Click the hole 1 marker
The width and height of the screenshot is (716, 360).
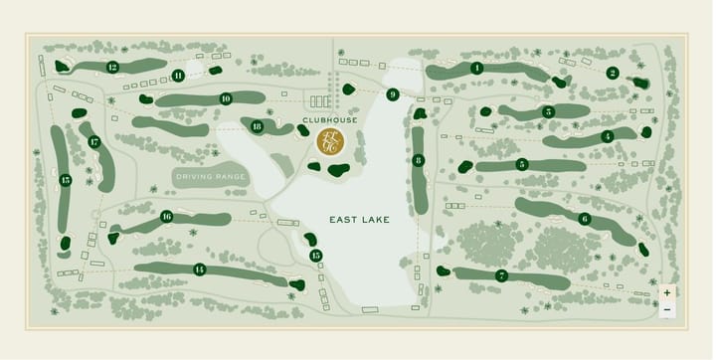pos(477,68)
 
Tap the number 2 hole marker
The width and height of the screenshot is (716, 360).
pos(613,73)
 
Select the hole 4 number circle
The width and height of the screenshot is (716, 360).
pos(608,136)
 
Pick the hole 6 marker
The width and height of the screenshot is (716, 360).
pos(584,219)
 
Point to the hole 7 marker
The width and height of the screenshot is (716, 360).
pos(501,275)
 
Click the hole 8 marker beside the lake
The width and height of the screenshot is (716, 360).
pos(419,160)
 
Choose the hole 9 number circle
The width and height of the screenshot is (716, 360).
pos(394,94)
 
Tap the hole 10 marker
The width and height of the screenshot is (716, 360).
pos(226,98)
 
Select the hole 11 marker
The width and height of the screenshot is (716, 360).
pos(178,75)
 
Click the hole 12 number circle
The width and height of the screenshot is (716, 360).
pos(112,68)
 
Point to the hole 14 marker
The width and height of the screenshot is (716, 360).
pos(200,270)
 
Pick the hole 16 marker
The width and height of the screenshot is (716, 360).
pos(167,216)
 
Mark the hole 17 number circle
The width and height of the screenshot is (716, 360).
pos(94,142)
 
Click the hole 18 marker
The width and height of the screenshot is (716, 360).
pos(257,126)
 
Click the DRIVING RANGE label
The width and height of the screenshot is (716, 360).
pos(210,177)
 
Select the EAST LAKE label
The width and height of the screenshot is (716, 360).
pos(359,219)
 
